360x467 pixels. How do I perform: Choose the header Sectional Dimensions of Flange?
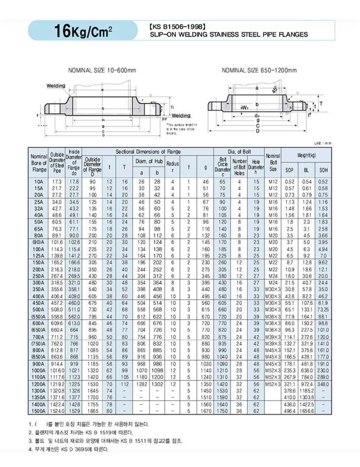click(148, 152)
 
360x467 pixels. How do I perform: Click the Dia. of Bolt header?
click(239, 152)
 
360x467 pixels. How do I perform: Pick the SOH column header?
click(323, 170)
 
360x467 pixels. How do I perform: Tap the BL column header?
click(307, 170)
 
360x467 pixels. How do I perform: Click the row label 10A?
click(39, 182)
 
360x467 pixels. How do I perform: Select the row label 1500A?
click(38, 411)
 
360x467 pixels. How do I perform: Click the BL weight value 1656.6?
click(307, 411)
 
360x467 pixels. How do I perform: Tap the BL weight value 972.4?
click(307, 385)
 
